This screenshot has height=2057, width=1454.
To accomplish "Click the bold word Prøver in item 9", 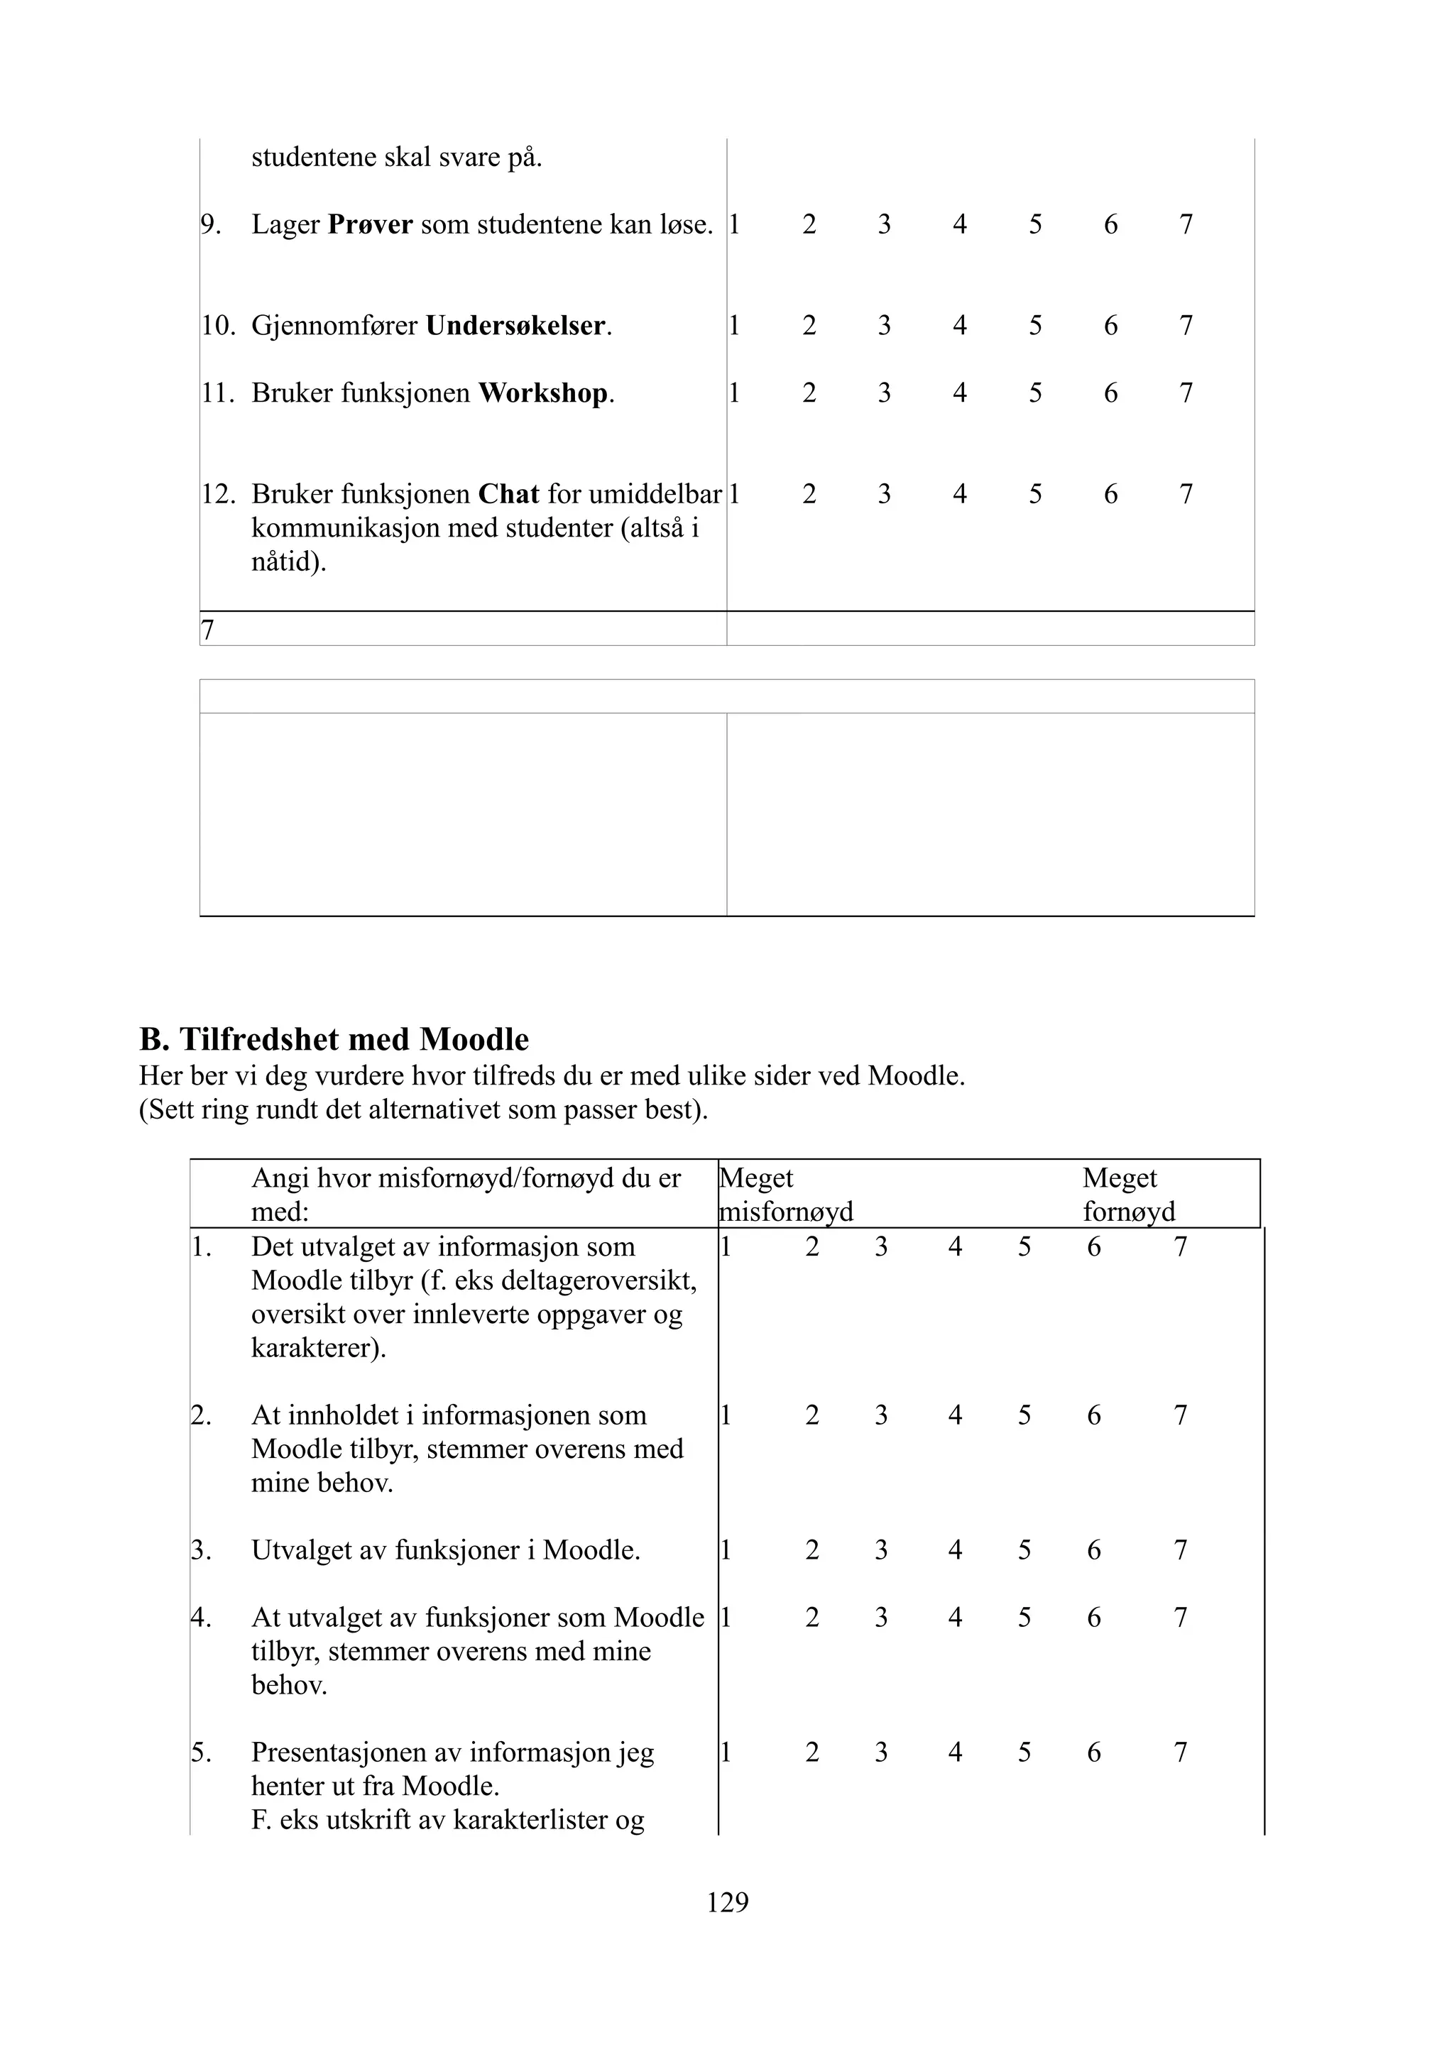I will [369, 224].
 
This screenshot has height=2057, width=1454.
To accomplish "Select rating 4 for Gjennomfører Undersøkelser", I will [958, 325].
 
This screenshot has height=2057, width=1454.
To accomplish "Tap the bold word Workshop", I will [543, 393].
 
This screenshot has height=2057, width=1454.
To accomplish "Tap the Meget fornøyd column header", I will [1128, 1195].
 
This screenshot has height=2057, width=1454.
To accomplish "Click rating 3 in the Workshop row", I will [883, 393].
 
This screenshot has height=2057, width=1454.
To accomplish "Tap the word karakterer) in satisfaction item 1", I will [318, 1349].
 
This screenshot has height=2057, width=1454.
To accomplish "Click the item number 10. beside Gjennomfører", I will [218, 325].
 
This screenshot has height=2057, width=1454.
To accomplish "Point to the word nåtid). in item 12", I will [288, 563].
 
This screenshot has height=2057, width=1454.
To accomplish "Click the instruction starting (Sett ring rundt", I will [423, 1110].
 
